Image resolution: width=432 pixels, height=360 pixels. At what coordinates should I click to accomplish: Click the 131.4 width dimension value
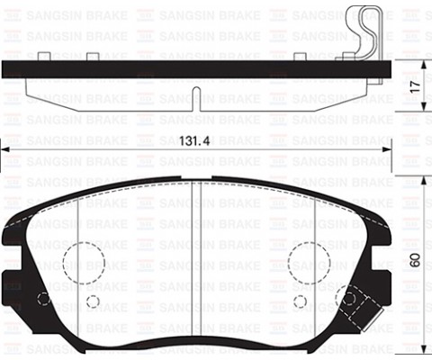coord(194,140)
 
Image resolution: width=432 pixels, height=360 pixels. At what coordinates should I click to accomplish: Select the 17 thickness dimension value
coord(416,86)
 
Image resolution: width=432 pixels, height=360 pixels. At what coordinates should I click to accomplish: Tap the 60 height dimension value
coord(415,260)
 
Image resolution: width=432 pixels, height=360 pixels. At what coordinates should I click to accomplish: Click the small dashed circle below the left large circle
coord(93,301)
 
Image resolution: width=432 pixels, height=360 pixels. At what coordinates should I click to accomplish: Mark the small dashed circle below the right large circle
coord(300,301)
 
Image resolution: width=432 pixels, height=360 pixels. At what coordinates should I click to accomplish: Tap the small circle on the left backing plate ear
coord(44,299)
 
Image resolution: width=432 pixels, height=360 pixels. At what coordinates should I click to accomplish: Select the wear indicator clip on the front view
coord(362,309)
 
